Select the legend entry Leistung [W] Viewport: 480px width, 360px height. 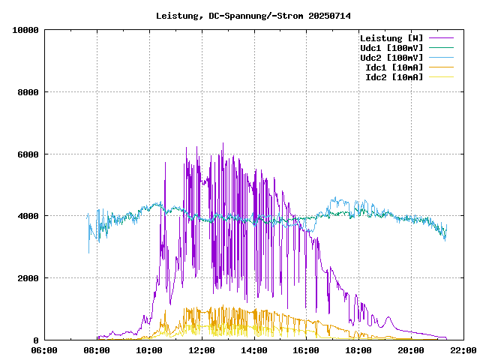pyautogui.click(x=391, y=38)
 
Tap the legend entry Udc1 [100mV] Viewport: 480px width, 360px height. pyautogui.click(x=391, y=48)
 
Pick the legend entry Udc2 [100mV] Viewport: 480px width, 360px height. pyautogui.click(x=391, y=58)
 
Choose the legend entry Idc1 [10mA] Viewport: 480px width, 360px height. pyautogui.click(x=394, y=67)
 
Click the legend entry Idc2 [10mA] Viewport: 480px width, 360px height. pyautogui.click(x=394, y=77)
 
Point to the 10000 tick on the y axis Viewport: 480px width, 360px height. pyautogui.click(x=26, y=30)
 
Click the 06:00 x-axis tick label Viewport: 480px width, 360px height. pyautogui.click(x=45, y=350)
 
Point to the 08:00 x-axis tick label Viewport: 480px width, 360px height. pyautogui.click(x=97, y=350)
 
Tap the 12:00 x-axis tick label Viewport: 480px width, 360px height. pyautogui.click(x=202, y=350)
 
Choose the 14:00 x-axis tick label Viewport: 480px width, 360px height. pyautogui.click(x=254, y=350)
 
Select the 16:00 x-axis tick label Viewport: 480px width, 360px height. pyautogui.click(x=306, y=350)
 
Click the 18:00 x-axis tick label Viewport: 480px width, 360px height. pyautogui.click(x=358, y=350)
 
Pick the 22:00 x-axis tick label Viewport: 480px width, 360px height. pyautogui.click(x=463, y=350)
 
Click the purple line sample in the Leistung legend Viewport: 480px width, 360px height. pyautogui.click(x=441, y=38)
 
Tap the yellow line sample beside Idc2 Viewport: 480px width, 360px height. pyautogui.click(x=441, y=77)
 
